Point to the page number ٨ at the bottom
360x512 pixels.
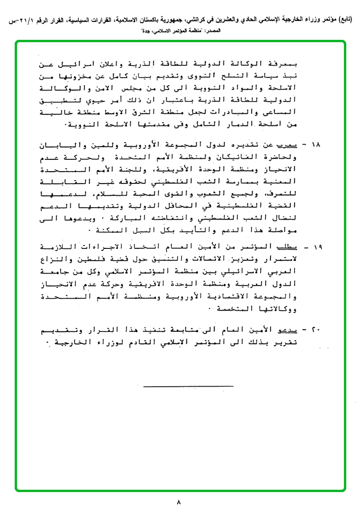click(x=179, y=502)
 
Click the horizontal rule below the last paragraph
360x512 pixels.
click(x=189, y=386)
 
